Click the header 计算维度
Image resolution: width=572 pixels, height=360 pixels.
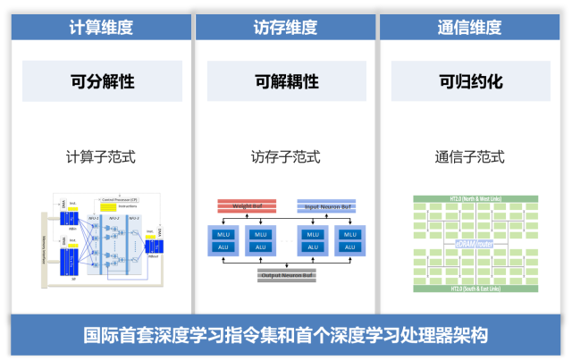[101, 27]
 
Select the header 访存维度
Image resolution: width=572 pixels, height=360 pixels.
[285, 27]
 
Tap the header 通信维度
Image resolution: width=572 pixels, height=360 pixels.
[469, 27]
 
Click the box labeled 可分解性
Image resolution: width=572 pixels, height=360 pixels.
[102, 81]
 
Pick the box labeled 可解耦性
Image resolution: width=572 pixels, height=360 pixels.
[286, 81]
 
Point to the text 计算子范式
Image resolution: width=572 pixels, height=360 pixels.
[101, 157]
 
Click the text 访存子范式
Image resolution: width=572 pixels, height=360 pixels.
[285, 157]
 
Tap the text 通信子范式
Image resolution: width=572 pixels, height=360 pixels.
[469, 157]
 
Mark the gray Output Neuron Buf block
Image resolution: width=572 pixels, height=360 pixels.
[286, 274]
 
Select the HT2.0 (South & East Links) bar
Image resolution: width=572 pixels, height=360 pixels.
[469, 288]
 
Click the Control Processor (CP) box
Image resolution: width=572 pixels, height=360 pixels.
[120, 199]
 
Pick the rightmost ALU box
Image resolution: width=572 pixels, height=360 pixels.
[350, 247]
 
